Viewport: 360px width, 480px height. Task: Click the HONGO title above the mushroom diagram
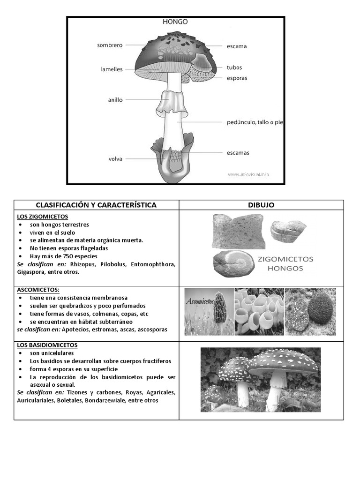tap(176, 22)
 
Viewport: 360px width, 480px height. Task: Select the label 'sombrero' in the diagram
tap(110, 45)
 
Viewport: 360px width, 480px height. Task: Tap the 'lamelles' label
tap(112, 69)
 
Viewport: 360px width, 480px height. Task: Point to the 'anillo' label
tap(115, 100)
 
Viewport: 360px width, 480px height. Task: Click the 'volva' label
tap(115, 159)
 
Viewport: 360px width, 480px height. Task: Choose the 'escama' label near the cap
tap(237, 46)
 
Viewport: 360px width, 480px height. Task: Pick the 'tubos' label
tap(234, 67)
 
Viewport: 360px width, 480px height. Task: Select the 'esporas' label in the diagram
tap(237, 78)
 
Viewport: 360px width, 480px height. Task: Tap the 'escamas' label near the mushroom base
tap(238, 153)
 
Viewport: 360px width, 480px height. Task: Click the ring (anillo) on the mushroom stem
tap(172, 104)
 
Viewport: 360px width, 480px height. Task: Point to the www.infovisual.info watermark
tap(248, 174)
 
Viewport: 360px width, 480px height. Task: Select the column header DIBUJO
tap(261, 205)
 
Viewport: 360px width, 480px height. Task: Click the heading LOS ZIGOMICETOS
tap(43, 217)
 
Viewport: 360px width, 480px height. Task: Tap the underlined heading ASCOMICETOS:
tap(38, 290)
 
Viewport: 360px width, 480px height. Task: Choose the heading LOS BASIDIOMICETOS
tap(47, 345)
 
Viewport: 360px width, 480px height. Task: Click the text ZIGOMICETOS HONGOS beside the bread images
tap(285, 263)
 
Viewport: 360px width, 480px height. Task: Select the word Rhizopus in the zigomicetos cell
tap(82, 264)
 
